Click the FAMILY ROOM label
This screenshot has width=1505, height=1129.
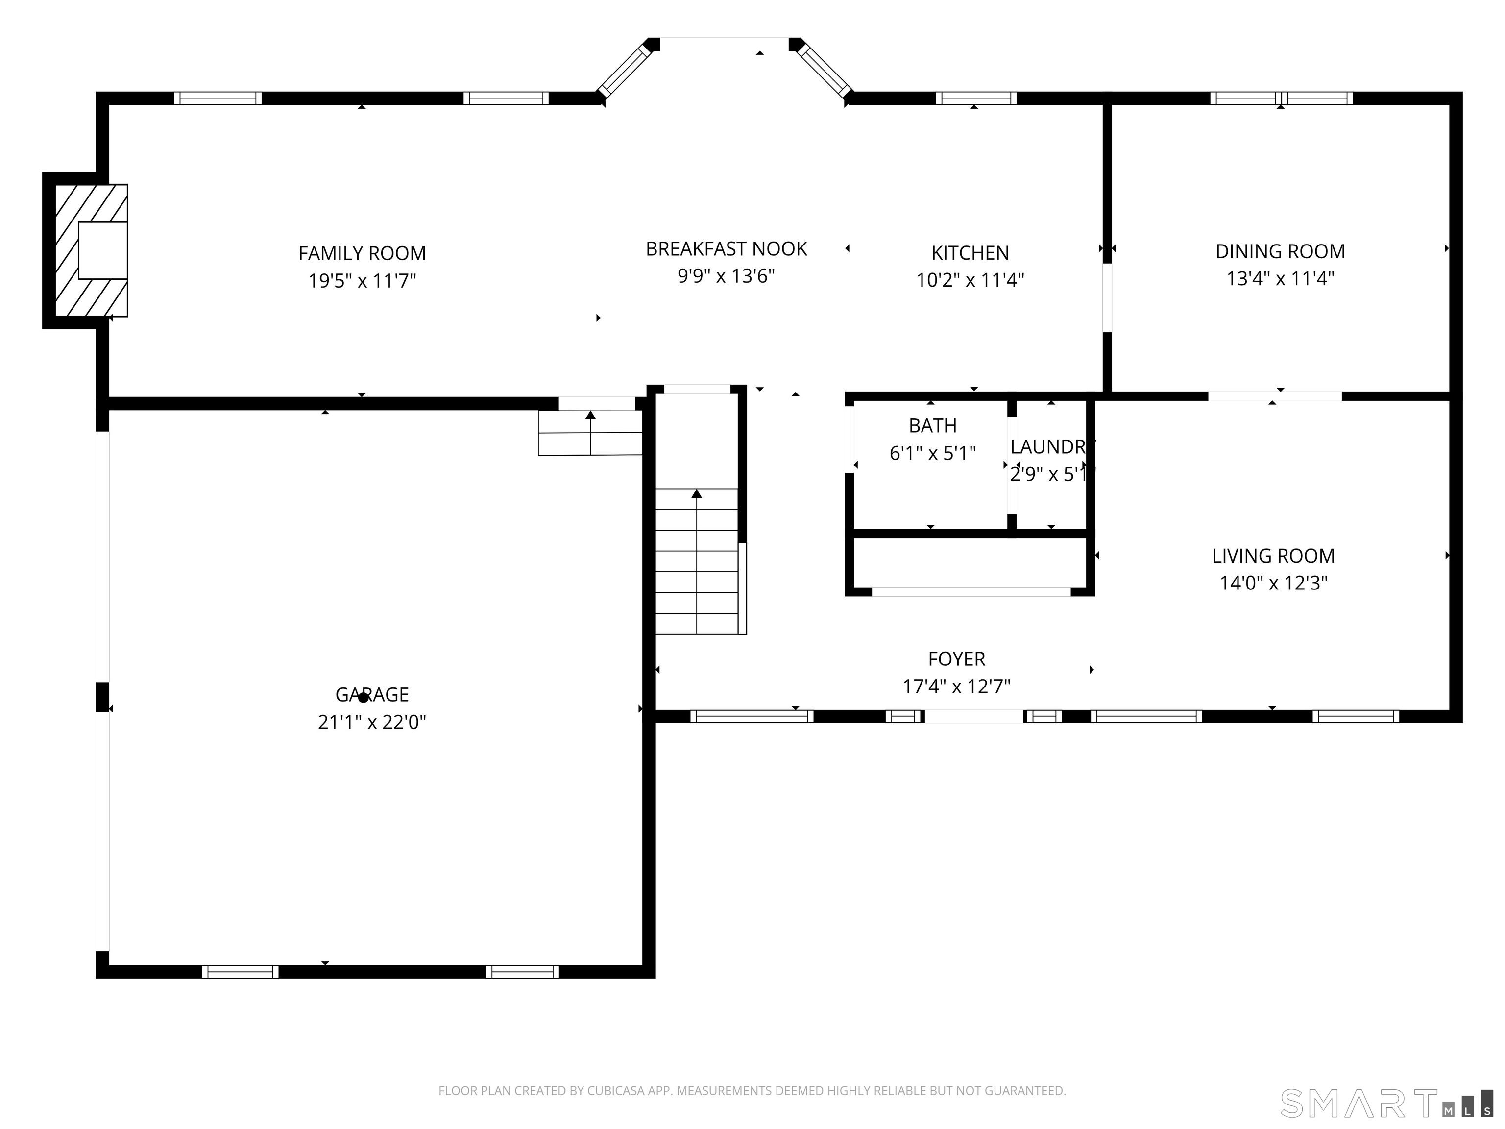362,253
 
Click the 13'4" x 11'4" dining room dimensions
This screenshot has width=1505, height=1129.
1280,279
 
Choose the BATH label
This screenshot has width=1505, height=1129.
932,426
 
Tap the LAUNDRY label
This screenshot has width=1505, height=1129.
1052,447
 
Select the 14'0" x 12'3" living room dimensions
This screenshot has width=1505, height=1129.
1273,583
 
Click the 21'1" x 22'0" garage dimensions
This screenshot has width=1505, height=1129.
371,722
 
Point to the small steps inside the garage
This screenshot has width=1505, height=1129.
590,433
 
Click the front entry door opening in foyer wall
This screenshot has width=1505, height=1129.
973,716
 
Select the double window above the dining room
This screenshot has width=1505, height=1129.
1281,98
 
